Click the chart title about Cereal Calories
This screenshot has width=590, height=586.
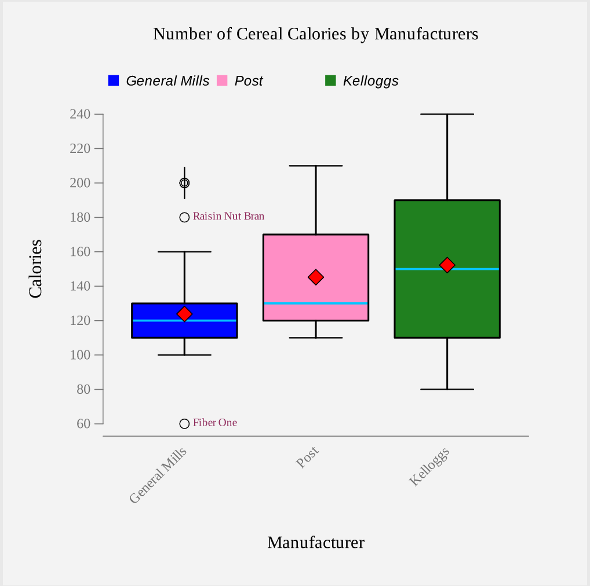click(315, 34)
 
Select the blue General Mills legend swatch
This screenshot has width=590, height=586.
click(114, 80)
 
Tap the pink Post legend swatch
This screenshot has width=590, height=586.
click(222, 80)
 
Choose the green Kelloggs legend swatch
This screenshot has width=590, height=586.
click(331, 80)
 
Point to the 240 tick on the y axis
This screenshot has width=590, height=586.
click(80, 114)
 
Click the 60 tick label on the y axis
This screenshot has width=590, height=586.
click(83, 424)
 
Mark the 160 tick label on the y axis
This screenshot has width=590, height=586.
click(80, 252)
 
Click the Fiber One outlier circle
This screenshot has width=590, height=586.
click(184, 424)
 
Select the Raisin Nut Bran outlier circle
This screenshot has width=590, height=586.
click(184, 218)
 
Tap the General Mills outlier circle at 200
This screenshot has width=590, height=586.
click(184, 183)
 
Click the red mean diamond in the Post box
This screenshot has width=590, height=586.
click(316, 277)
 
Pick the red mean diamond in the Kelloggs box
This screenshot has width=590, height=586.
click(447, 265)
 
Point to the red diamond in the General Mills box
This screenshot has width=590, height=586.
click(184, 314)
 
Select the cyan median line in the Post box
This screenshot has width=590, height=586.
click(342, 303)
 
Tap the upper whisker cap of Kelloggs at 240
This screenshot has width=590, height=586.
click(447, 114)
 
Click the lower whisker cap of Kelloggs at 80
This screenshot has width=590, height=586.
click(447, 389)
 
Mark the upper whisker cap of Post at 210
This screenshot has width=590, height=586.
click(316, 166)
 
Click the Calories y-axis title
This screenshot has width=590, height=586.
click(36, 269)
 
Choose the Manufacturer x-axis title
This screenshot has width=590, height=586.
click(316, 543)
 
